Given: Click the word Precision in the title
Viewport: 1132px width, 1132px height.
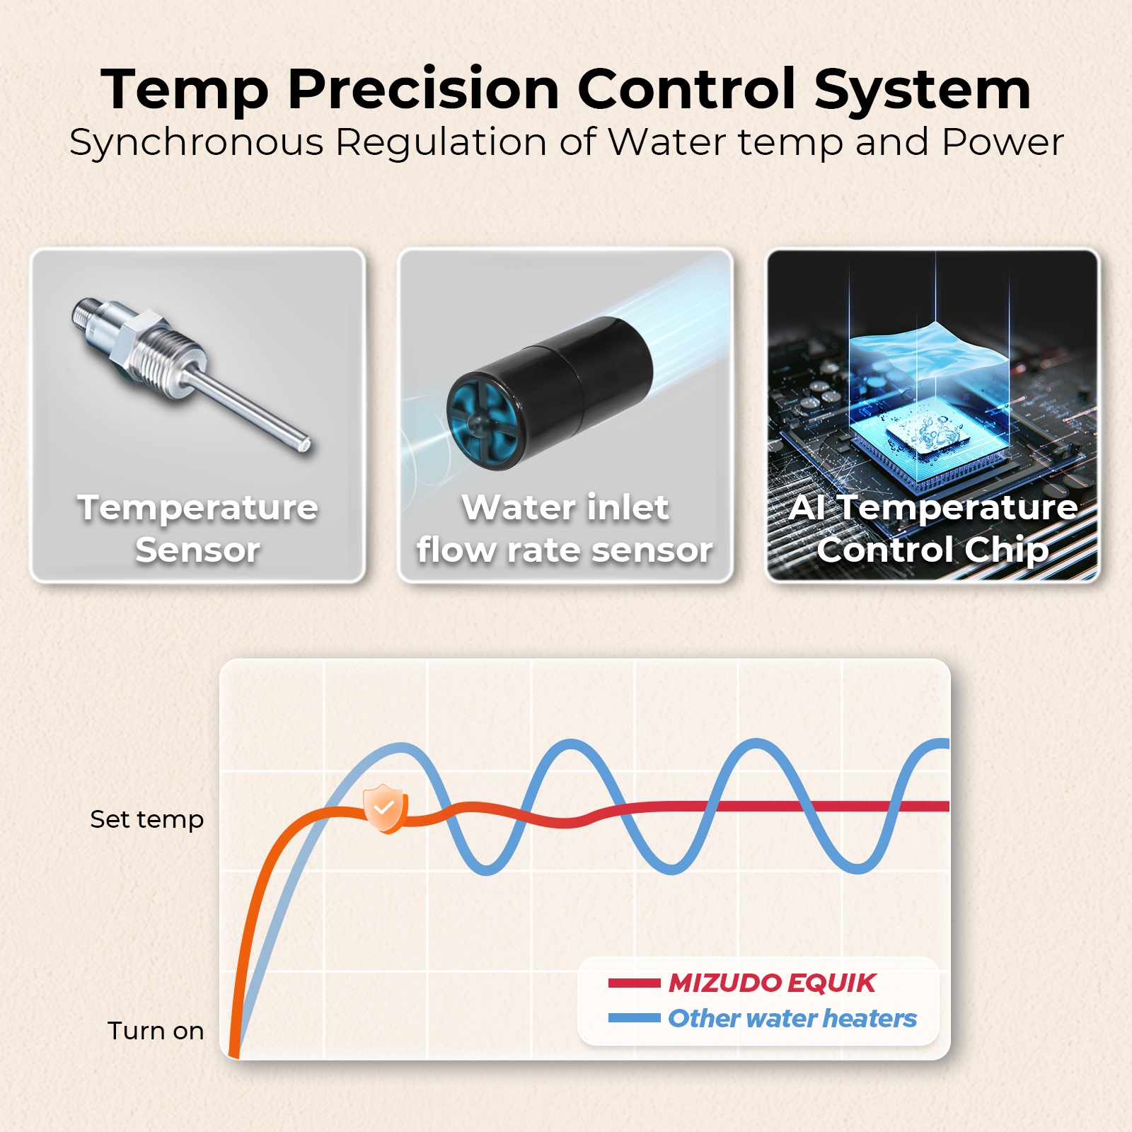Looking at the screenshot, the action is (x=424, y=89).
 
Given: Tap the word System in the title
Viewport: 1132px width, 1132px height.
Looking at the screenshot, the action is (x=922, y=89).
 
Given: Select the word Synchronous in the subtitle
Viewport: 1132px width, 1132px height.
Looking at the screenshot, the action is (x=196, y=142).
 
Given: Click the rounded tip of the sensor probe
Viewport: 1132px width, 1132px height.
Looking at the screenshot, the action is (x=305, y=445).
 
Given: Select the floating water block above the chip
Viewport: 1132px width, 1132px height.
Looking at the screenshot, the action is (x=928, y=354).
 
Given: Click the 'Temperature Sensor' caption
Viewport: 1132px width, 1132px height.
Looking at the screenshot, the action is (x=198, y=529).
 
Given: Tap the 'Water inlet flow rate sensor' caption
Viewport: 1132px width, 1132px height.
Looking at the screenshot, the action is (x=565, y=529).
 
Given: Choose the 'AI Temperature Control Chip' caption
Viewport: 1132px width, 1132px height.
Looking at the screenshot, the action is (x=933, y=529).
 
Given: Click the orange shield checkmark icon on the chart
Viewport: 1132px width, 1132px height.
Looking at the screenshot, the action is (x=384, y=808).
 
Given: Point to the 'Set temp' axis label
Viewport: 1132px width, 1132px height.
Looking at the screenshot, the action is (x=147, y=819).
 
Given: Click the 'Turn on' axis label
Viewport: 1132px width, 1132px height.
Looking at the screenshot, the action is (x=156, y=1031).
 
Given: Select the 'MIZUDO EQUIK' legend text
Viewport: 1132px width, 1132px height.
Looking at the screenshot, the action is (x=772, y=983).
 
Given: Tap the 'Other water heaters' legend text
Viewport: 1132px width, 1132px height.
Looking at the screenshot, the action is (x=792, y=1018).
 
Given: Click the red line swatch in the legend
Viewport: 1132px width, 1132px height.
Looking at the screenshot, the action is (x=635, y=983).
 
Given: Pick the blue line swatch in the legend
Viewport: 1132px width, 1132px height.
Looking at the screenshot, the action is (x=635, y=1018).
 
